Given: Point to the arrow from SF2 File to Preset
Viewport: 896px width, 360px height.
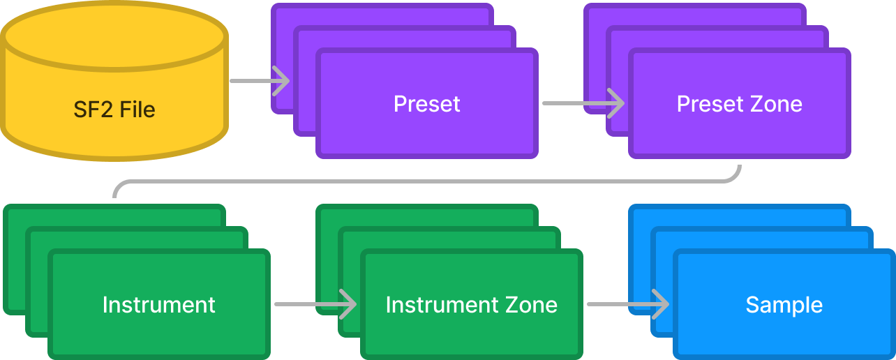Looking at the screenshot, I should (x=259, y=81).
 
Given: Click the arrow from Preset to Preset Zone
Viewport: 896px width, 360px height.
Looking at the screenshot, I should (x=583, y=104).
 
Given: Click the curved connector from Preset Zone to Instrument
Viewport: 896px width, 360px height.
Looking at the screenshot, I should (x=426, y=181).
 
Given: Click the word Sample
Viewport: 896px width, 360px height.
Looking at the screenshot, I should (x=784, y=305).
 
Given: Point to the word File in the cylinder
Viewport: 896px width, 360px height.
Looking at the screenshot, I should (x=137, y=110).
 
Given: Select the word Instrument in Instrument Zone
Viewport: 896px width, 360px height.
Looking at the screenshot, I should (x=440, y=305).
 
